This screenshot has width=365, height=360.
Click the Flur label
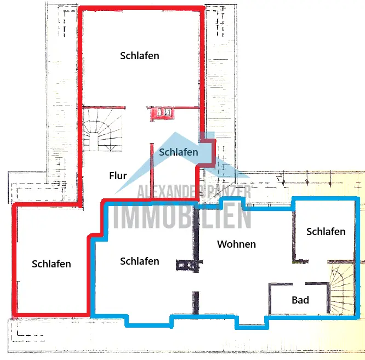pyautogui.click(x=118, y=176)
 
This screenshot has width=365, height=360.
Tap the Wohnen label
pyautogui.click(x=237, y=244)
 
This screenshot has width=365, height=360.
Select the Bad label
pyautogui.click(x=300, y=300)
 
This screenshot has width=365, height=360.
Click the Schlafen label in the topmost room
pyautogui.click(x=140, y=56)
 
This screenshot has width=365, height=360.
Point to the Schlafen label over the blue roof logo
pyautogui.click(x=179, y=152)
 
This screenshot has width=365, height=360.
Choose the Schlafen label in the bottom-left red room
pyautogui.click(x=52, y=264)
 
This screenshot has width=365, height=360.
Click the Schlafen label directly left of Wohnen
pyautogui.click(x=140, y=261)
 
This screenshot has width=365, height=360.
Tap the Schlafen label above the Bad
pyautogui.click(x=326, y=232)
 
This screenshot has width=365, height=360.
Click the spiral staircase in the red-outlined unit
pyautogui.click(x=102, y=130)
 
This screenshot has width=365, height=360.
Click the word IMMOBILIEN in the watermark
pyautogui.click(x=182, y=215)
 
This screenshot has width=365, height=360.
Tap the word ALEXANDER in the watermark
pyautogui.click(x=168, y=192)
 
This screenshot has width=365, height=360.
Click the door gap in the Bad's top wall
pyautogui.click(x=299, y=284)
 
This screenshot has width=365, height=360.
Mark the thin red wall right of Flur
pyautogui.click(x=152, y=171)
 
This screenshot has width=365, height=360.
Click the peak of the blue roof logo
pyautogui.click(x=175, y=132)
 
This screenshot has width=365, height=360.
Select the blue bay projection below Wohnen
pyautogui.click(x=252, y=322)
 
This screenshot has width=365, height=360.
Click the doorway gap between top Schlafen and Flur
pyautogui.click(x=136, y=108)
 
